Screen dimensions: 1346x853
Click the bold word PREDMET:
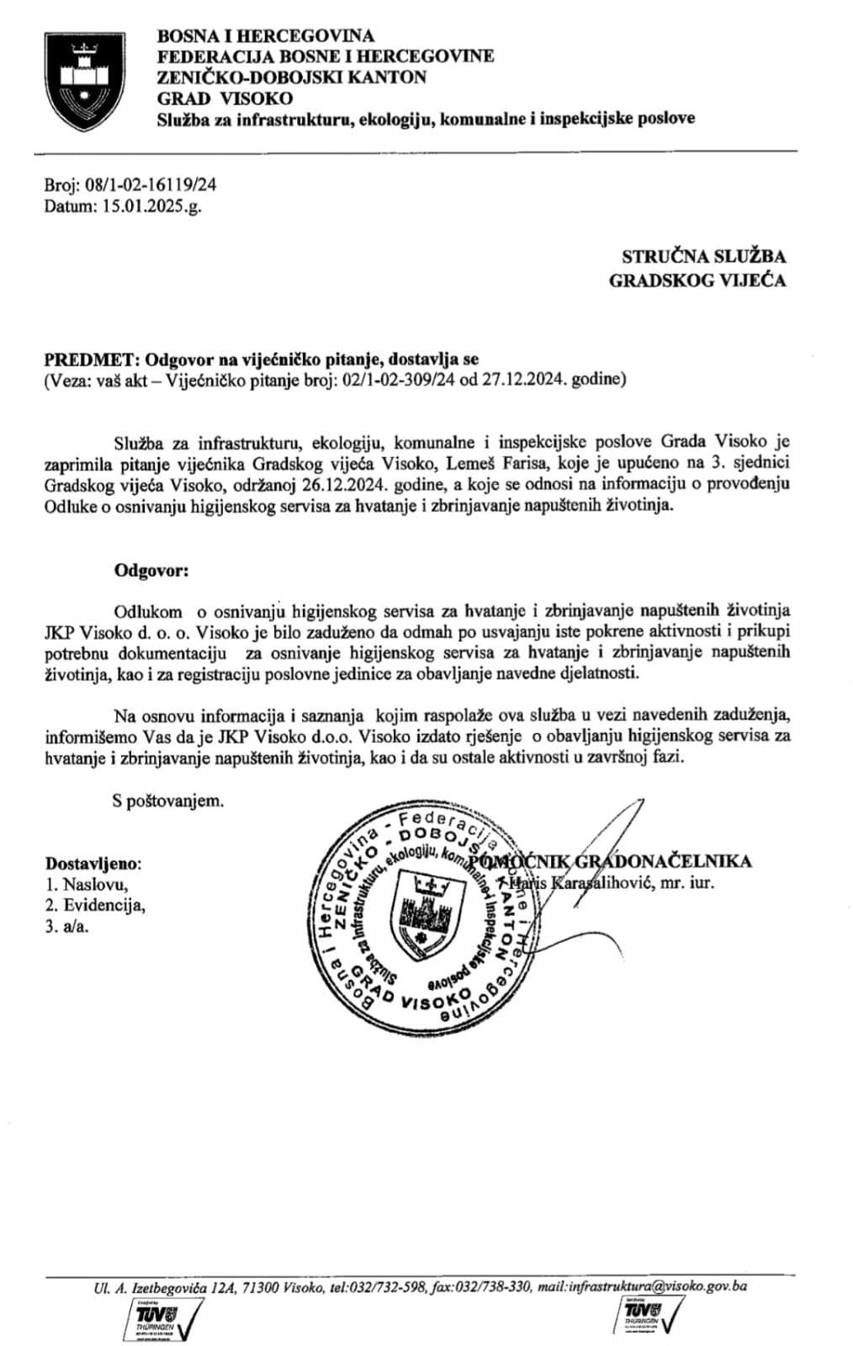tap(81, 360)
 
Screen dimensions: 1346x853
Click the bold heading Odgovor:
tap(152, 570)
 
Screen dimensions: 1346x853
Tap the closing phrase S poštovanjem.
tap(169, 801)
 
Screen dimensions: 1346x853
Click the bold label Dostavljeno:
tap(93, 864)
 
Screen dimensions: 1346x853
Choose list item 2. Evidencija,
tap(94, 906)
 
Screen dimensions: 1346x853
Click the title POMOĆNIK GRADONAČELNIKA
tap(611, 861)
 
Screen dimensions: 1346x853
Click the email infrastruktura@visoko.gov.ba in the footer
tap(658, 1287)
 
